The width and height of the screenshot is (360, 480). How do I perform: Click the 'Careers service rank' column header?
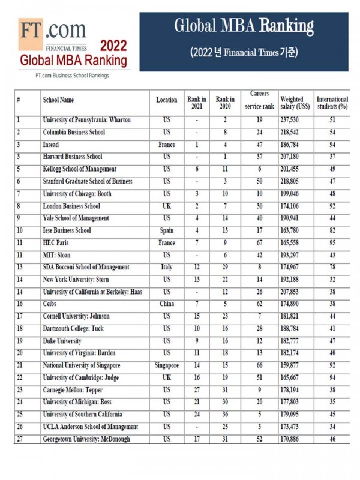[259, 100]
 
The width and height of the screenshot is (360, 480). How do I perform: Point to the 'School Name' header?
[58, 100]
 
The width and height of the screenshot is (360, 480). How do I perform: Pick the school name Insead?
[50, 145]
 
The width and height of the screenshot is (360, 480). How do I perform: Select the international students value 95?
[332, 243]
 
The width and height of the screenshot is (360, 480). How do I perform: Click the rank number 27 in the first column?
[19, 439]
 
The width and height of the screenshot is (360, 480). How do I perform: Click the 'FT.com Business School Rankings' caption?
[72, 75]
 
